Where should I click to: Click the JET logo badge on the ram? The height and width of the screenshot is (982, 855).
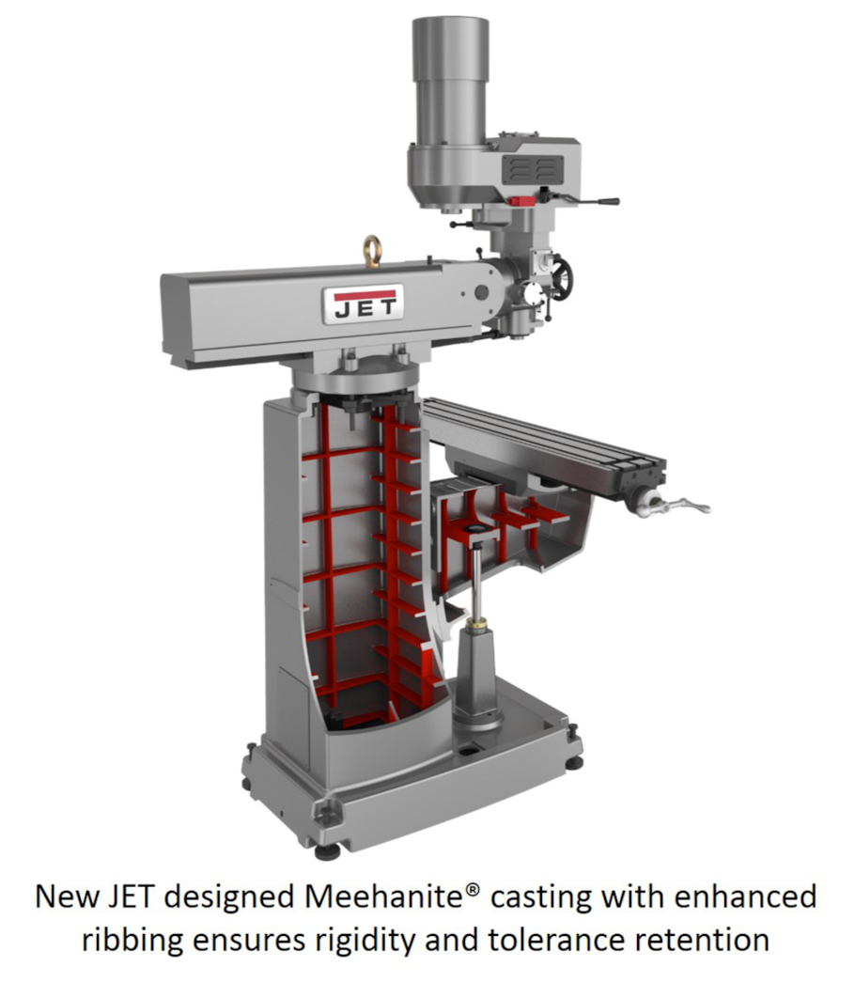tap(363, 304)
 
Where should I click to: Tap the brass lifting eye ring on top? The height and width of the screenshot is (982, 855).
tap(372, 249)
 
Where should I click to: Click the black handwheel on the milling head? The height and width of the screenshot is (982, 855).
tap(561, 278)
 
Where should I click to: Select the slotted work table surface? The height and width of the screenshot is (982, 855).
tap(545, 432)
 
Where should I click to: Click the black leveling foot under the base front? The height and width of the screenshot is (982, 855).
tap(326, 851)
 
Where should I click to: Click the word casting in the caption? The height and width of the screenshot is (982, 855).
tap(542, 897)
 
